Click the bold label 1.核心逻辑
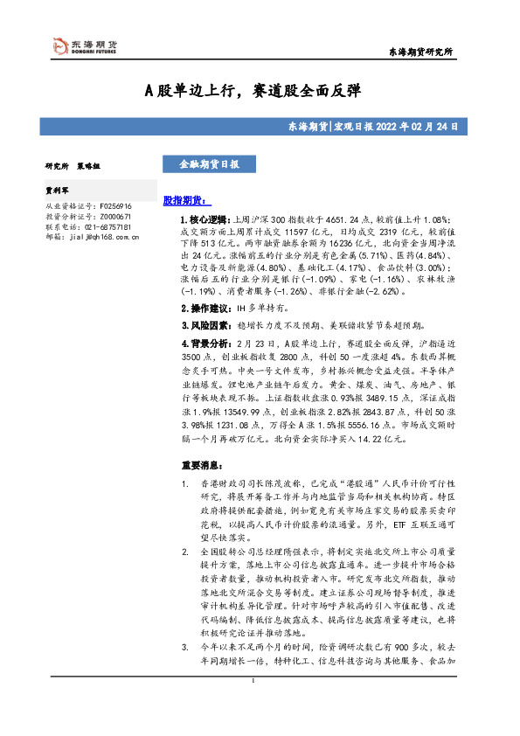point(204,220)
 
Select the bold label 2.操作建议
point(204,308)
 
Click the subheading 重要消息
point(201,465)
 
